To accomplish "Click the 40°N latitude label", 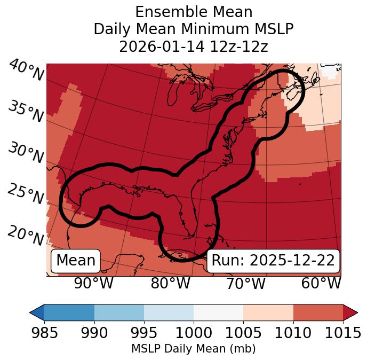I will [26, 71].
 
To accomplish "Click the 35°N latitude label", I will [26, 112].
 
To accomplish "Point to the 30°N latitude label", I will [26, 154].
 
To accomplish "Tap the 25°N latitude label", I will [26, 195].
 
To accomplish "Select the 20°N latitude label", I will [26, 235].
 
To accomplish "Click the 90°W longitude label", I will [93, 284].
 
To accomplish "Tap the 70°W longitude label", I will [245, 284].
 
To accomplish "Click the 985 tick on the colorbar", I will [44, 333].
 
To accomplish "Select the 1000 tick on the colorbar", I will [194, 333].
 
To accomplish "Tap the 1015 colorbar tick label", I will [342, 333].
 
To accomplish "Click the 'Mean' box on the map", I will [76, 261].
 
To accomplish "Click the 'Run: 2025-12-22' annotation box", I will [273, 261].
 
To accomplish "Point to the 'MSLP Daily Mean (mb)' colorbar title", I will [193, 349].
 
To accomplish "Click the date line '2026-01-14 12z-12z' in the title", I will [193, 46].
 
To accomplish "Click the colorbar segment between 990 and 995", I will [119, 312].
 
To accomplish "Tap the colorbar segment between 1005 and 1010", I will [268, 312].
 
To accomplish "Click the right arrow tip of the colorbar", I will [356, 312].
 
